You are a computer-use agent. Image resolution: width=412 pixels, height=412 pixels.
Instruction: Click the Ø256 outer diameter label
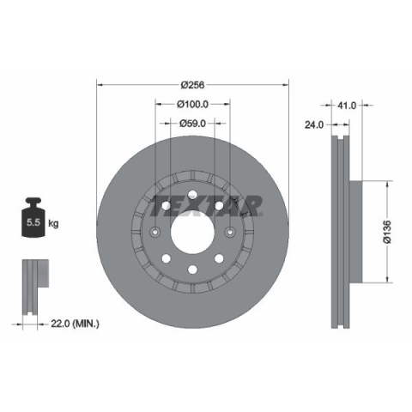pos(192,85)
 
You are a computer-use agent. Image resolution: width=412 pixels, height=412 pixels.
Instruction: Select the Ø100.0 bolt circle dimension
pos(192,105)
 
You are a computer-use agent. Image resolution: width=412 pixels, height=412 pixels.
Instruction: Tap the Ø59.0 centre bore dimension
pos(192,124)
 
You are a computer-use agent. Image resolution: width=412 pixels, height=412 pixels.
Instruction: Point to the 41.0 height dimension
pos(347,106)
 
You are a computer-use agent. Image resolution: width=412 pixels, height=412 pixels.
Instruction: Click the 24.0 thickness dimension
pos(314,124)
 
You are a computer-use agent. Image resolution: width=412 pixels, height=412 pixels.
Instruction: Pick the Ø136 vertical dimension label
pos(387,232)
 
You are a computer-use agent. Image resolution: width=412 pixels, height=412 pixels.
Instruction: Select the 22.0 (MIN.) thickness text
pos(75,324)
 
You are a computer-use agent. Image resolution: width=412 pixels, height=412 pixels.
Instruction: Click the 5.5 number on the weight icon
pos(33,222)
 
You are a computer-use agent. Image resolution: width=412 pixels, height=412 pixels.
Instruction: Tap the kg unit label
pos(53,223)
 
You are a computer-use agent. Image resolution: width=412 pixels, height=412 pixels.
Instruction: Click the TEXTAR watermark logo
pos(206,206)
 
